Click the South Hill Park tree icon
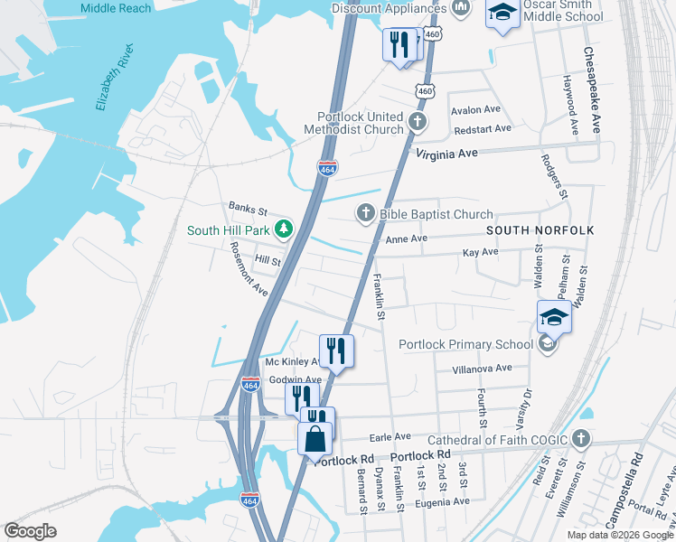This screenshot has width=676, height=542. click(x=284, y=229)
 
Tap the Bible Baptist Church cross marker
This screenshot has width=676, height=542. click(x=365, y=213)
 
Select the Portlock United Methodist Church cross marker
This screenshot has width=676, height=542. click(x=417, y=121)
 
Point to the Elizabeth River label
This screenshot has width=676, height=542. click(x=114, y=77)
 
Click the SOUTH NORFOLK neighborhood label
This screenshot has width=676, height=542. click(x=540, y=230)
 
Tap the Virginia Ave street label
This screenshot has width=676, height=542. click(x=446, y=154)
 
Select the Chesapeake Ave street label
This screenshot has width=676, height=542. click(x=592, y=90)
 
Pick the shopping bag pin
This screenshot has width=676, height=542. click(x=314, y=439)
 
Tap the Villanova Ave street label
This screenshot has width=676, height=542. click(x=482, y=368)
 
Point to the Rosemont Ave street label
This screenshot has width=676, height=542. click(x=249, y=268)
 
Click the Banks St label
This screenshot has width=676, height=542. click(x=248, y=210)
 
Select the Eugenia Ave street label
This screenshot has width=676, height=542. click(x=442, y=500)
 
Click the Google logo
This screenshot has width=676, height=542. click(x=31, y=531)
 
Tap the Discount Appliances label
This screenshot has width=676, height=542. click(x=390, y=8)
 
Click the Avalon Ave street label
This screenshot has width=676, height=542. click(x=475, y=109)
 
